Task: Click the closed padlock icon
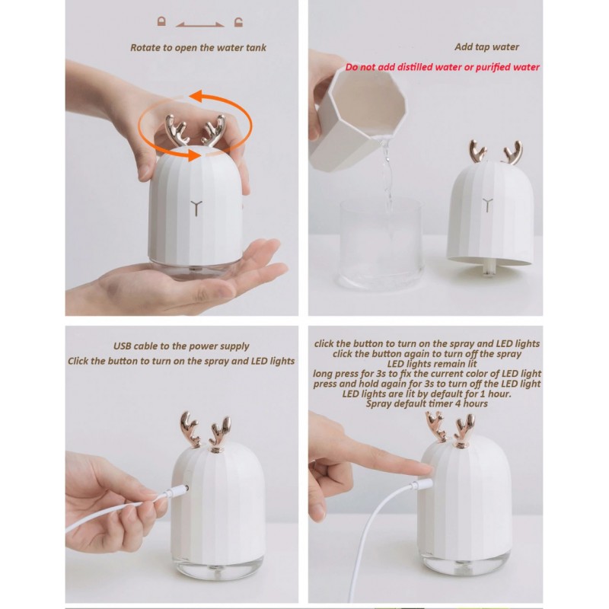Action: (161, 21)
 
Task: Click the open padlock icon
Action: (238, 22)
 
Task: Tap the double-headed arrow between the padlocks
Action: (199, 25)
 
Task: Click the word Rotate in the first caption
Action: (145, 48)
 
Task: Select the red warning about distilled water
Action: (442, 67)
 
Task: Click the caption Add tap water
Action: (486, 47)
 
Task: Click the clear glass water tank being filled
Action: (381, 244)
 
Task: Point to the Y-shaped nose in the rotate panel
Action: (196, 208)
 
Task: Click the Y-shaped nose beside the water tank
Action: (487, 205)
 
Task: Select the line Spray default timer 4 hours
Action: (426, 404)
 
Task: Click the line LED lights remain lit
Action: (432, 364)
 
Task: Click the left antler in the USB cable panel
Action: (190, 429)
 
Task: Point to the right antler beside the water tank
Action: (512, 153)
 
